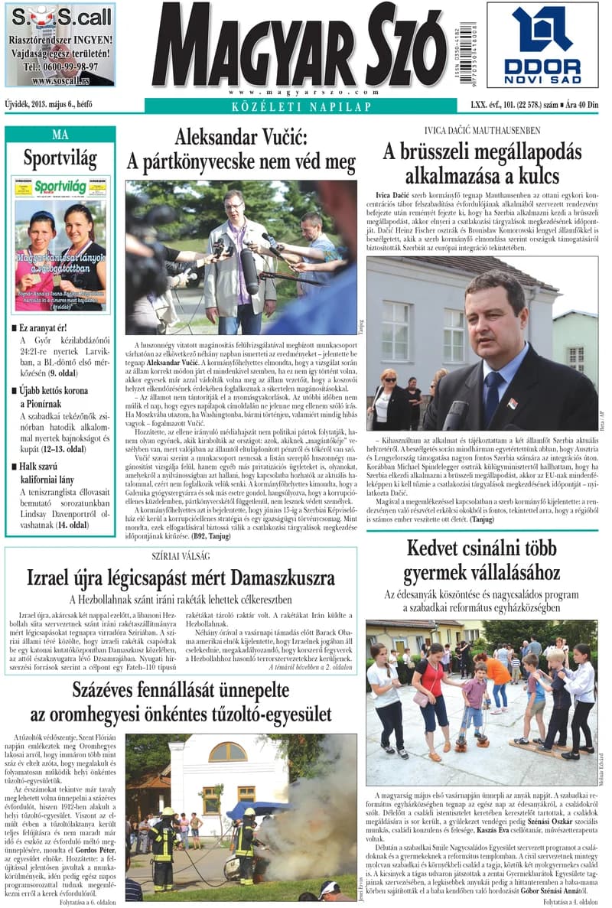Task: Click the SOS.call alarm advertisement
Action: click(x=60, y=44)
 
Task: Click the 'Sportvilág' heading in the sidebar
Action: click(x=60, y=158)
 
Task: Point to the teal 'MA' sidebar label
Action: click(x=60, y=135)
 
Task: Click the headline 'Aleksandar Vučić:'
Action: click(x=241, y=138)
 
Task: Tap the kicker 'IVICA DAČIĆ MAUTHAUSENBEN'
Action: click(x=481, y=131)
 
